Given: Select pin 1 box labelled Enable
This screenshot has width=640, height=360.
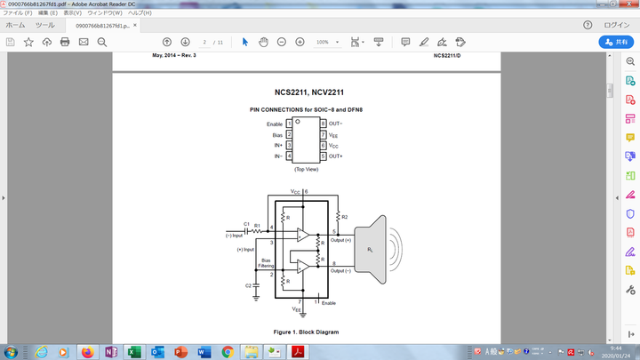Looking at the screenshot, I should [289, 124].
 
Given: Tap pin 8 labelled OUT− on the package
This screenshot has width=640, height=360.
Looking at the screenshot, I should [324, 124].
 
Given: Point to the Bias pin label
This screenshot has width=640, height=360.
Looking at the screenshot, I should [277, 134].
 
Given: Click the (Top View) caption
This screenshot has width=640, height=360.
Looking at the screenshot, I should [306, 169].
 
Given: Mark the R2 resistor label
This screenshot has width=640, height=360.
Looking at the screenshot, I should [345, 217].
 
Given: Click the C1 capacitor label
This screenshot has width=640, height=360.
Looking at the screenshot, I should [245, 225].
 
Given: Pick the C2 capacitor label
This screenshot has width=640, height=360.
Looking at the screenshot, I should [248, 285].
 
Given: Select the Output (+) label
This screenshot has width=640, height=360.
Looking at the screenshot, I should [341, 241].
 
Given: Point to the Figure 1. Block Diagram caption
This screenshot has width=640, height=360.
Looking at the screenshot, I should [306, 332].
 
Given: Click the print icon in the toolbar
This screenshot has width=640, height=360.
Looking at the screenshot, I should [65, 42].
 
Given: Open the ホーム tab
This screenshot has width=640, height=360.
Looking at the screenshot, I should [15, 25].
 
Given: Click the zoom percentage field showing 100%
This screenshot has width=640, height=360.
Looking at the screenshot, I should [324, 42].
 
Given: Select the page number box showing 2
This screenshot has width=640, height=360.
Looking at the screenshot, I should [205, 42].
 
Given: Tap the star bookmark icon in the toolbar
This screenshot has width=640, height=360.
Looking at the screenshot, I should [28, 42].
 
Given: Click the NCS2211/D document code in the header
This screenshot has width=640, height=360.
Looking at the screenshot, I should [447, 56].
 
